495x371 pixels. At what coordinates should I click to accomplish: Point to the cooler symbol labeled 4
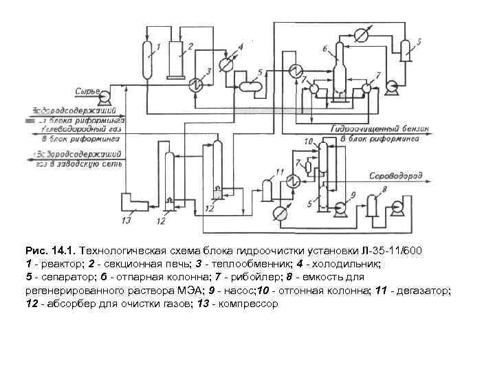coord(226,63)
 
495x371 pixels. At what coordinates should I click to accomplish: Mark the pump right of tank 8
coord(397,208)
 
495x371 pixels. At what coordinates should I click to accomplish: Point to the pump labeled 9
coord(339,207)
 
